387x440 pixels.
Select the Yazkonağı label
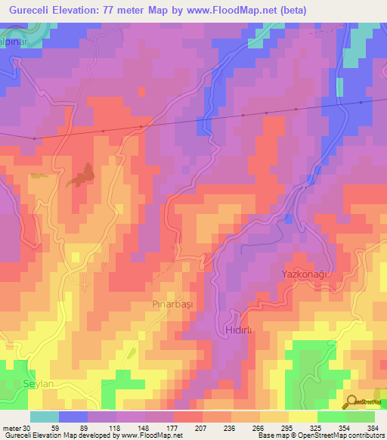pos(307,274)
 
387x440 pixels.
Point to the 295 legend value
pos(262,427)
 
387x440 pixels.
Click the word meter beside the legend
pos(11,427)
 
